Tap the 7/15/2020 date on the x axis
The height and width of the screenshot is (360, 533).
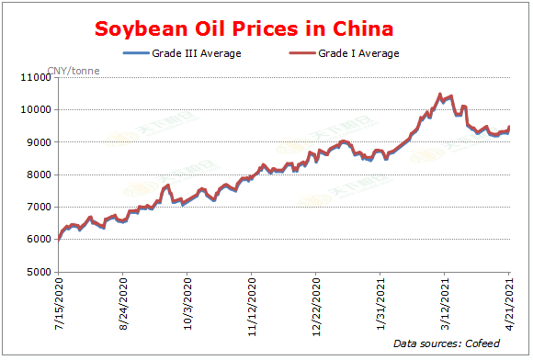coord(60,303)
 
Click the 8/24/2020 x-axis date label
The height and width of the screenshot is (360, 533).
coord(124,303)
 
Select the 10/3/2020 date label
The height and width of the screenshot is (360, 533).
coord(188,303)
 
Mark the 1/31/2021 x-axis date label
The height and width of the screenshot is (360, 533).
coord(381,303)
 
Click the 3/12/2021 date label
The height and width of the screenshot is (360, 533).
coord(446,303)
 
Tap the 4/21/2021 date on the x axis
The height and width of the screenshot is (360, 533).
coord(510,303)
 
